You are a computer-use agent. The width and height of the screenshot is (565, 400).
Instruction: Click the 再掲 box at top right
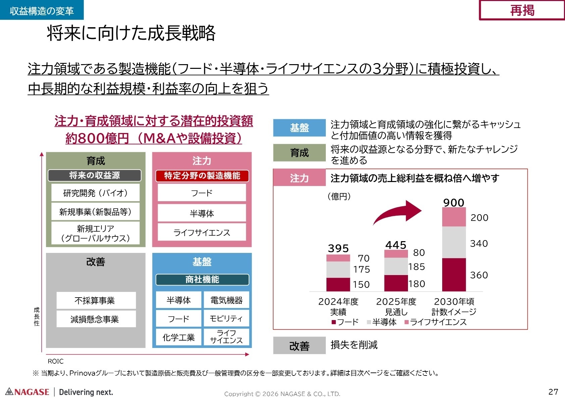[522, 10]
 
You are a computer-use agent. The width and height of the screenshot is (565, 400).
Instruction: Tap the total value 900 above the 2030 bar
[454, 203]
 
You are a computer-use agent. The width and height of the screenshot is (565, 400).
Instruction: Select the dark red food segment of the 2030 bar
[454, 274]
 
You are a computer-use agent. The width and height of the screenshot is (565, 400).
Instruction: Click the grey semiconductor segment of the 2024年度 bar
[338, 269]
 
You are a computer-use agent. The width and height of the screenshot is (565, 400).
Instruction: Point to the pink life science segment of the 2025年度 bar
[396, 254]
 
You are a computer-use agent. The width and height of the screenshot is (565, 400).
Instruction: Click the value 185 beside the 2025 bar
[417, 267]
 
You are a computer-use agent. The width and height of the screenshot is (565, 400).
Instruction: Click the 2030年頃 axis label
[454, 302]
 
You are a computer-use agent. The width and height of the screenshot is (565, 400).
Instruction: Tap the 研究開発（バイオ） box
[95, 193]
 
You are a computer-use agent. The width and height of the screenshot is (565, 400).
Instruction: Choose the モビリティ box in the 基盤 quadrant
[226, 318]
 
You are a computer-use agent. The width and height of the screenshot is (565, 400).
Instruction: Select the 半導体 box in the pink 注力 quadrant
[202, 213]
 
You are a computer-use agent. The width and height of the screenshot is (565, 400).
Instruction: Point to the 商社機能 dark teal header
[202, 279]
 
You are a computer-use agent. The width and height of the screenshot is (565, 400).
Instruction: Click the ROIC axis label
[55, 361]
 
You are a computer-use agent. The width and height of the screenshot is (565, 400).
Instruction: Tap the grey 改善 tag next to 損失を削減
[299, 346]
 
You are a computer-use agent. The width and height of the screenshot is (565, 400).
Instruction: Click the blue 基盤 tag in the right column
[299, 128]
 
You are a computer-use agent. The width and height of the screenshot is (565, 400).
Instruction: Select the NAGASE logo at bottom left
[28, 392]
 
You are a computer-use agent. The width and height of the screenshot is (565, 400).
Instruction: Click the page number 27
[553, 392]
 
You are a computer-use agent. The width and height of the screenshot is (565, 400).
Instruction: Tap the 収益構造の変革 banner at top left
[42, 10]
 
